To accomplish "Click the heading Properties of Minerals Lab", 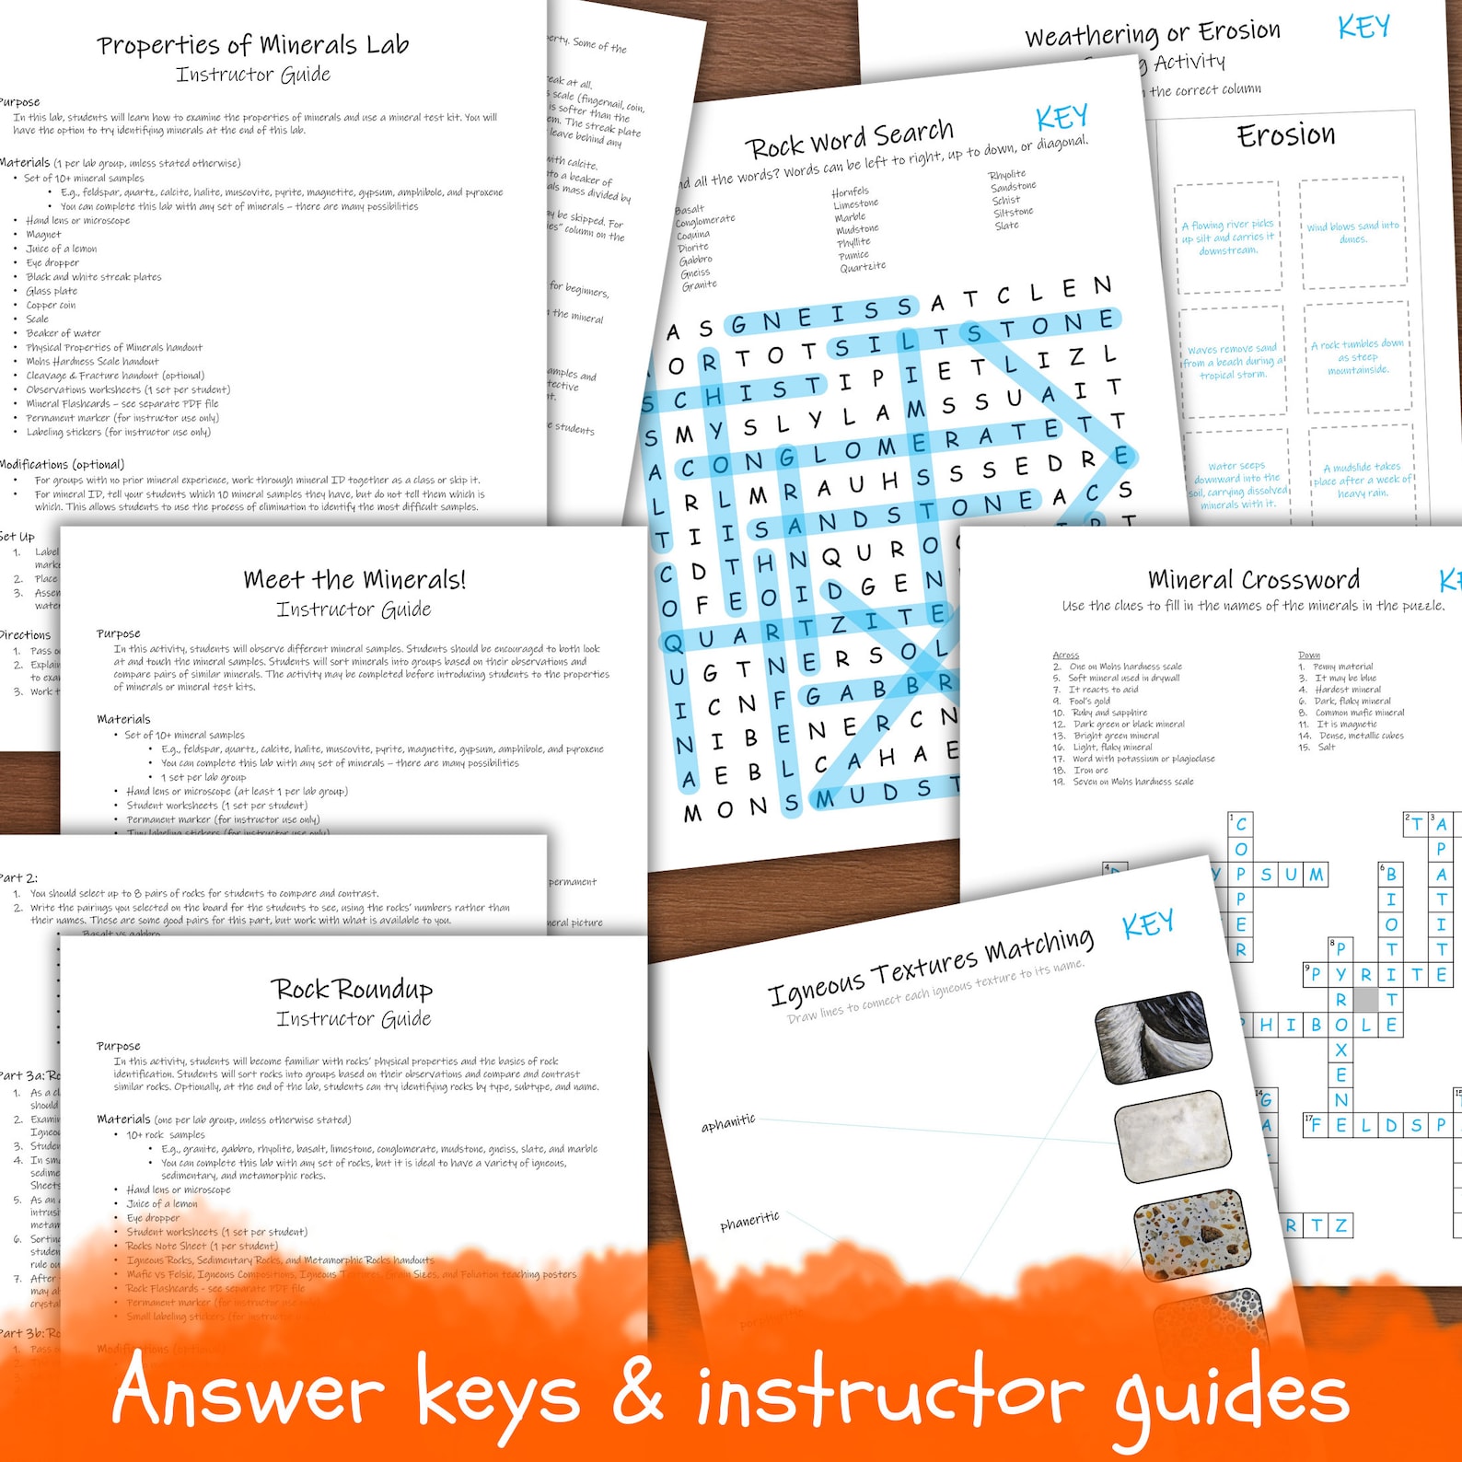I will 253,45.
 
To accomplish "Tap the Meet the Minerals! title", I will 354,580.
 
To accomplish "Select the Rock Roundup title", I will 352,990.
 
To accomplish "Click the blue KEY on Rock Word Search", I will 1062,118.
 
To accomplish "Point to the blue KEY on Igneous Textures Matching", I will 1147,923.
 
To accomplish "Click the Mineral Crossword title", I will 1253,580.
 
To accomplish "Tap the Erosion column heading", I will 1285,135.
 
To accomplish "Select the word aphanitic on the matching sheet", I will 727,1123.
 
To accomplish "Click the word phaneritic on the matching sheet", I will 749,1222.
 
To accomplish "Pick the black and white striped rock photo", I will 1153,1034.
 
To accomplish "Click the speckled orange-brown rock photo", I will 1191,1236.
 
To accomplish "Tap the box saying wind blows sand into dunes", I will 1352,232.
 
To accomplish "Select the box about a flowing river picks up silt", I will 1228,238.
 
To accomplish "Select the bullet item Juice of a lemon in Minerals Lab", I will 61,249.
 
